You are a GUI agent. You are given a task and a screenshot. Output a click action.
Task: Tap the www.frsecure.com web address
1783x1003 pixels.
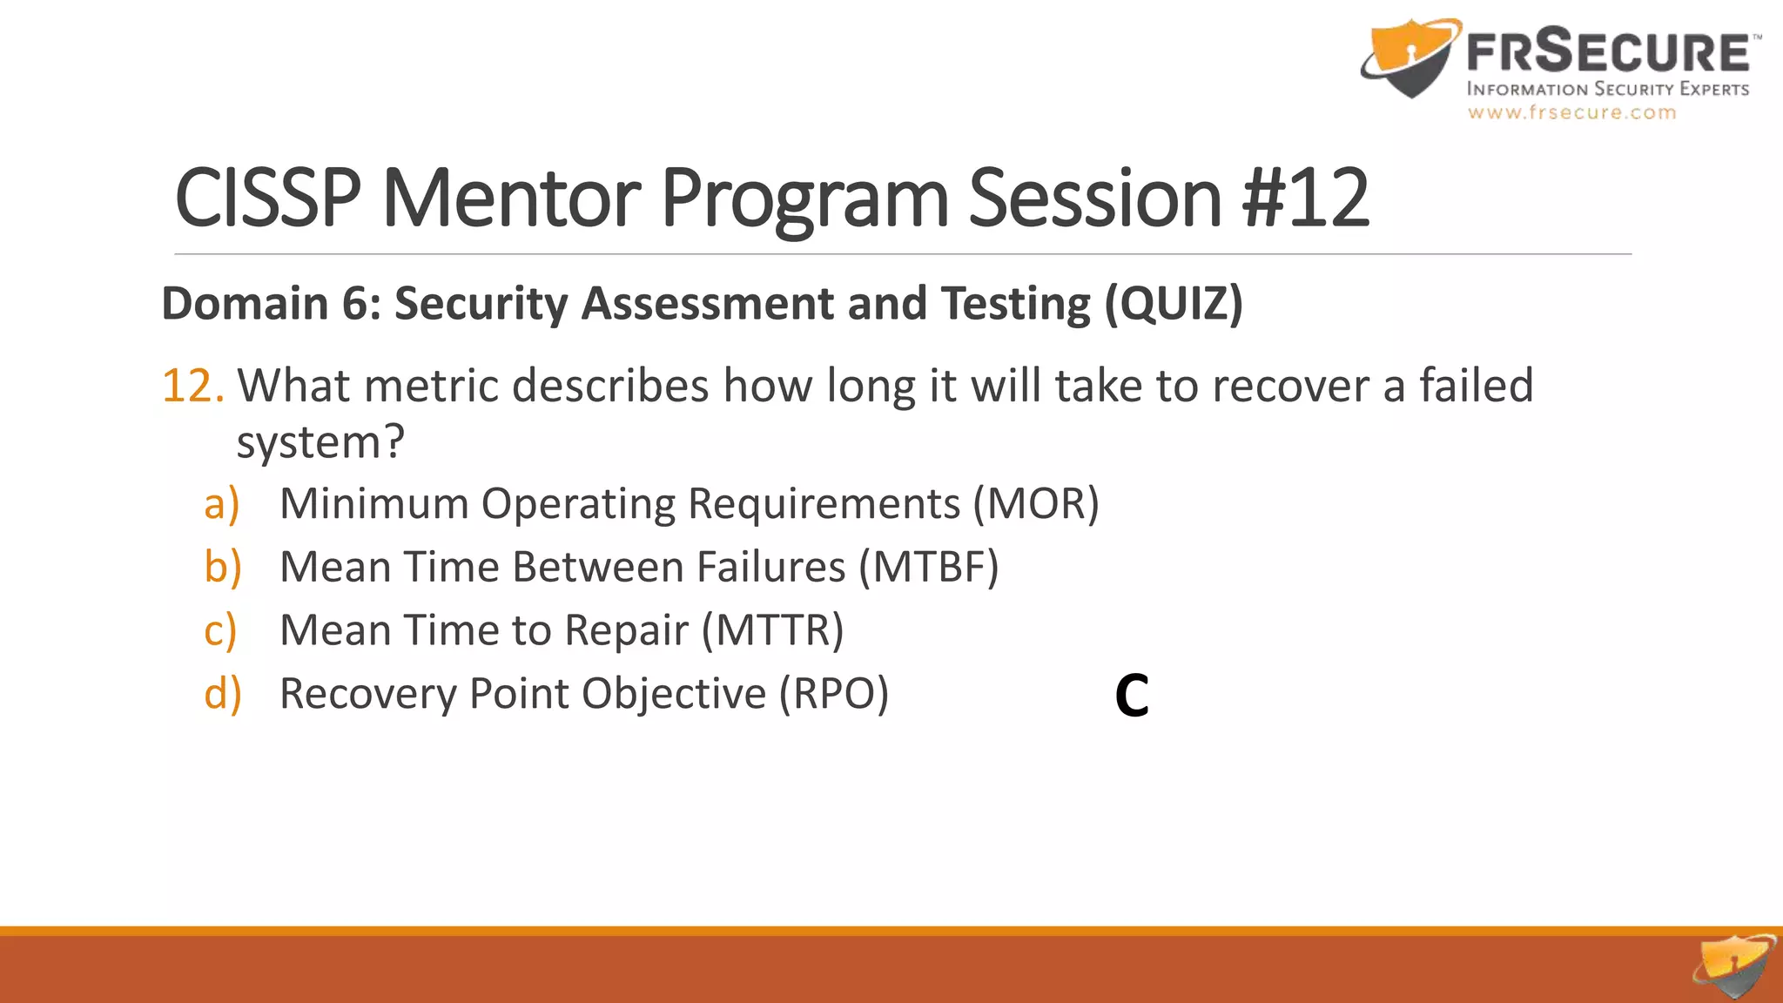1571,112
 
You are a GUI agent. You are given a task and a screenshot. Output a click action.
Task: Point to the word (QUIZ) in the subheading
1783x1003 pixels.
1174,304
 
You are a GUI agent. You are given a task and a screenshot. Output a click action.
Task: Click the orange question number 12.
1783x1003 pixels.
192,386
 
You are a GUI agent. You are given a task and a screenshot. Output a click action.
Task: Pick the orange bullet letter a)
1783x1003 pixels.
221,504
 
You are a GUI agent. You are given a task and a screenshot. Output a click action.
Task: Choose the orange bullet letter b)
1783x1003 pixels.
222,568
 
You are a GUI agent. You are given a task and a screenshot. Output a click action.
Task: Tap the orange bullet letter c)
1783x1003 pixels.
220,631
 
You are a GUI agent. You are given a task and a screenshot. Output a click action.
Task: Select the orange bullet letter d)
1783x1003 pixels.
222,695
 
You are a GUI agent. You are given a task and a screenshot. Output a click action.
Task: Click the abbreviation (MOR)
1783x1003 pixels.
1036,504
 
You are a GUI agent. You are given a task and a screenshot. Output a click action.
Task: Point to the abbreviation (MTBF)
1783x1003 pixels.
928,568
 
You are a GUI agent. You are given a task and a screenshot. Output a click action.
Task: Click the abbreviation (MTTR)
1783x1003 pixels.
773,631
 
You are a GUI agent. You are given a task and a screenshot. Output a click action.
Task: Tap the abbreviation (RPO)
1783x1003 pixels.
833,695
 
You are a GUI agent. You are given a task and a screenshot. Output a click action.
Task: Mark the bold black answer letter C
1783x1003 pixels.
1132,697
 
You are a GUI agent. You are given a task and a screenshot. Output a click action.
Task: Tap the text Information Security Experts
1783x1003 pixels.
1607,89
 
